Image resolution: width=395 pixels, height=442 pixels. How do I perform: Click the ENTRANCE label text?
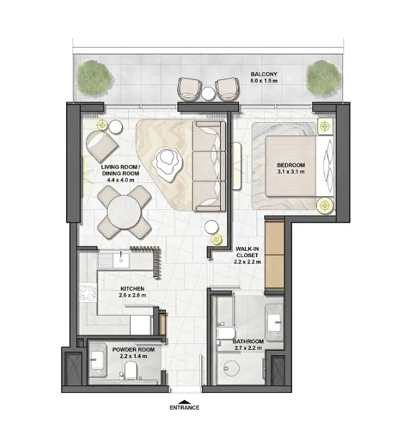[x=184, y=407]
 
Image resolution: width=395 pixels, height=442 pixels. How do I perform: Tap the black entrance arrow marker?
[x=184, y=402]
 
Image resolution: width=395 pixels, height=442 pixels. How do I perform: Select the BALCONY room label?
[x=264, y=74]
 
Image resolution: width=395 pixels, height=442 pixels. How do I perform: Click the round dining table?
[x=125, y=212]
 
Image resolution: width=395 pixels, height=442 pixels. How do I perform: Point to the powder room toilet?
[x=131, y=370]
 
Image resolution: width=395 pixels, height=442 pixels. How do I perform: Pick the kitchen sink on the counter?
[x=121, y=260]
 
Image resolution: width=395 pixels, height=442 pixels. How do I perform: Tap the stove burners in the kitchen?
[x=87, y=293]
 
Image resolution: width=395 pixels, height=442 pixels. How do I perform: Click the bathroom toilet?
[x=226, y=333]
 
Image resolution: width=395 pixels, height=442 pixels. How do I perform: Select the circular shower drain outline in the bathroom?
[x=231, y=368]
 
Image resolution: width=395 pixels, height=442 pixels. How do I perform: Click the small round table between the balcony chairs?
[x=208, y=93]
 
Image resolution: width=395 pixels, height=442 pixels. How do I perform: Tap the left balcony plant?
[x=95, y=78]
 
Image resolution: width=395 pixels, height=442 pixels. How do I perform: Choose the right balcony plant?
[x=324, y=78]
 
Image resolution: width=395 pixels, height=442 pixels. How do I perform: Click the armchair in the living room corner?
[x=101, y=145]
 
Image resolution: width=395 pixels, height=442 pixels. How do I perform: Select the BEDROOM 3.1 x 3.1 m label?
[x=291, y=169]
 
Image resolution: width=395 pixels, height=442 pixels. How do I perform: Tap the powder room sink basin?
[x=97, y=360]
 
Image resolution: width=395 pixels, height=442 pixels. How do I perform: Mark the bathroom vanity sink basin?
[x=274, y=323]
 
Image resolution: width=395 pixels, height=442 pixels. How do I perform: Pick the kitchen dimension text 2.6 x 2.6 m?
[x=133, y=296]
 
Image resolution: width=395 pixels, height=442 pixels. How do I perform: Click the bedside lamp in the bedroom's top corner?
[x=326, y=126]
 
